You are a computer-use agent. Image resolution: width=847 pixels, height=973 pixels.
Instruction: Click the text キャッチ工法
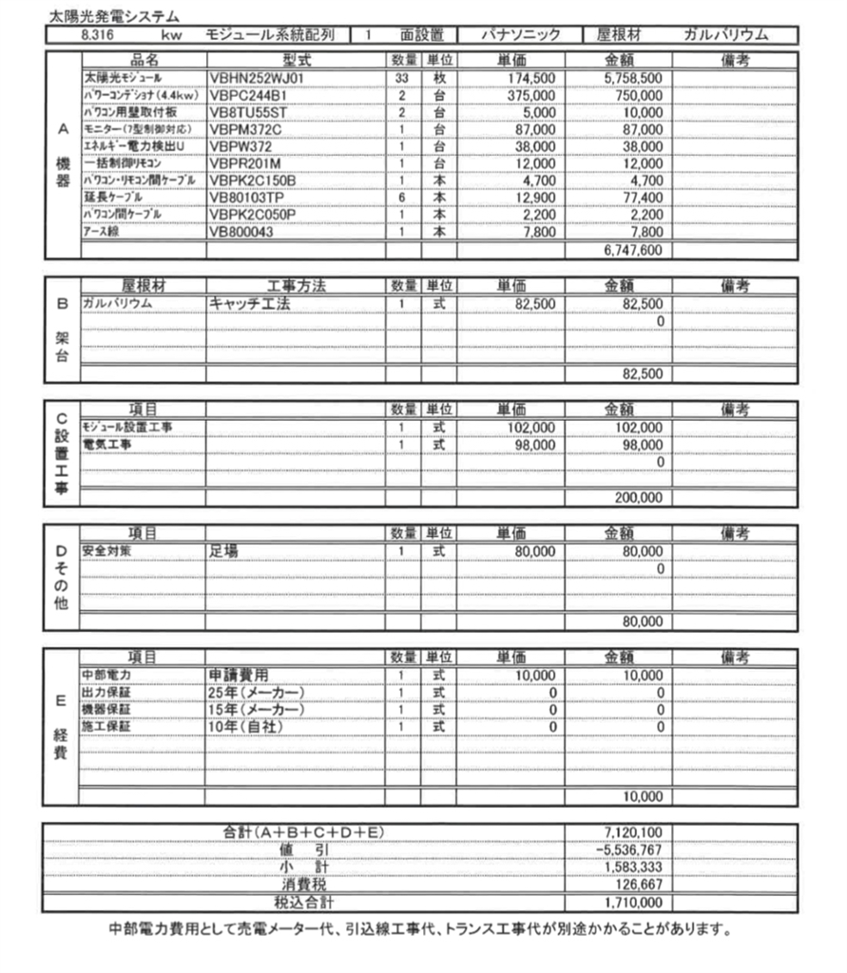click(x=249, y=302)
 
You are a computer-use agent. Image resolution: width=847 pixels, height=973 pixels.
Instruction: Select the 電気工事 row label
click(x=106, y=444)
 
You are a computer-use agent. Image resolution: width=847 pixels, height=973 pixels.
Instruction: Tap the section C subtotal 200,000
click(x=637, y=496)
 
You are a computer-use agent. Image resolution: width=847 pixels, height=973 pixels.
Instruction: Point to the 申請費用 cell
click(x=244, y=675)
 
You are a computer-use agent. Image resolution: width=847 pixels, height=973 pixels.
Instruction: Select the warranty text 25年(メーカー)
click(x=256, y=692)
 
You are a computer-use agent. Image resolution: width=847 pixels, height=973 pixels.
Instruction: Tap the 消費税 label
click(x=304, y=884)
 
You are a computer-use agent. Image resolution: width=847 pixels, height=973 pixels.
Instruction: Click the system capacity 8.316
click(x=76, y=35)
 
